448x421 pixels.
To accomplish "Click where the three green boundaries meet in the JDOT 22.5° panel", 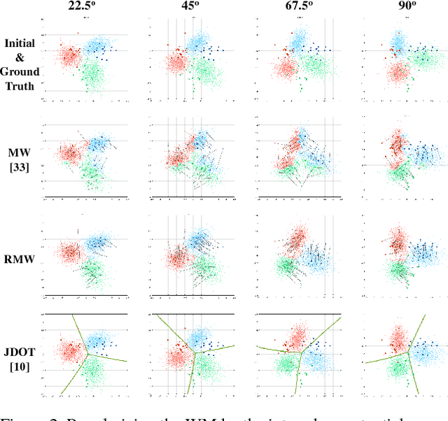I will point(87,354).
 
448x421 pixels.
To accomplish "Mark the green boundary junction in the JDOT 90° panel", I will point(408,353).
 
